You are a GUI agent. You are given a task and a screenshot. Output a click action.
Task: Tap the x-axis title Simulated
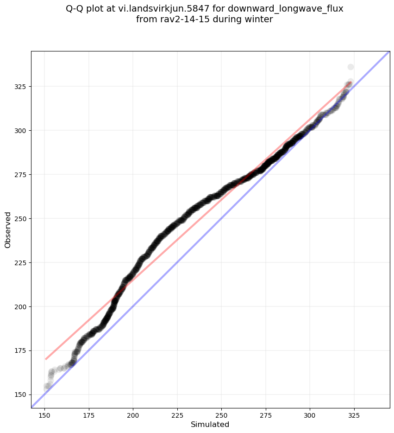(210, 424)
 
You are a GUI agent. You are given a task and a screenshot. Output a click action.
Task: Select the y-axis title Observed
(8, 230)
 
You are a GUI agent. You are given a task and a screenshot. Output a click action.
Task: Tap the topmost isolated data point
(350, 67)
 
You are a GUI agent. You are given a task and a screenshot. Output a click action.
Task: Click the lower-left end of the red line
(46, 359)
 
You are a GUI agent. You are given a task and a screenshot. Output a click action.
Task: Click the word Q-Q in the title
(78, 9)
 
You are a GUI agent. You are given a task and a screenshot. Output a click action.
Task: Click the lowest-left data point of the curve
(47, 387)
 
